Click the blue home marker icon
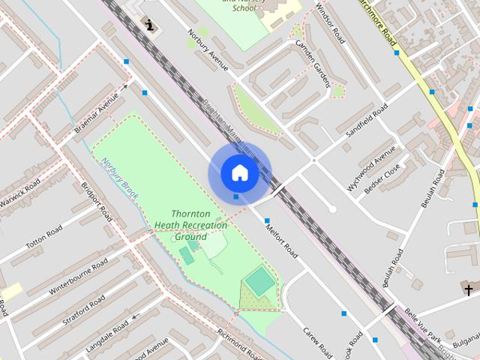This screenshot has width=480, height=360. [239, 173]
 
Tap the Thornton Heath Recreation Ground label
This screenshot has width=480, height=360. [190, 225]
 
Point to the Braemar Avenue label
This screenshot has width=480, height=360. [97, 112]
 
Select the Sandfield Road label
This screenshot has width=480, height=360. [367, 119]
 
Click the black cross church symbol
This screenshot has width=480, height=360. [469, 289]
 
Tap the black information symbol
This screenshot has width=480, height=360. [151, 25]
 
